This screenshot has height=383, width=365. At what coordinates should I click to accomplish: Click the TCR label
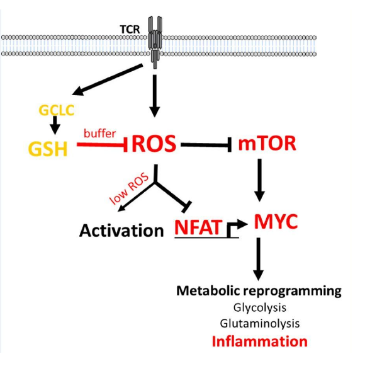point(130,30)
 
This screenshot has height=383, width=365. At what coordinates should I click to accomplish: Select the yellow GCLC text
point(57,110)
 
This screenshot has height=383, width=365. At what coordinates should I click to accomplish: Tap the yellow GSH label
point(48,149)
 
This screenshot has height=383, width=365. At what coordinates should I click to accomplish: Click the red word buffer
point(100,134)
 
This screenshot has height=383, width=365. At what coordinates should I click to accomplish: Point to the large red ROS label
point(154,144)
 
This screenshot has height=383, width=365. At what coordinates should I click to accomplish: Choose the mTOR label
point(267,144)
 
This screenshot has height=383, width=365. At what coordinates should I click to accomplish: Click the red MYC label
point(276,222)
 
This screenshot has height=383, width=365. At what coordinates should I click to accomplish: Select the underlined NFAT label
point(198,227)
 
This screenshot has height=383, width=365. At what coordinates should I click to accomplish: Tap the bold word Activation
point(121,231)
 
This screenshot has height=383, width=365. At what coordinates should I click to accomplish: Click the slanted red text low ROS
point(129,188)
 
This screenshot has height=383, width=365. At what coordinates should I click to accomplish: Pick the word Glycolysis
point(260,308)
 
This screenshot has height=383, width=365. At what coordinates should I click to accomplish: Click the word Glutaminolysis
point(260,324)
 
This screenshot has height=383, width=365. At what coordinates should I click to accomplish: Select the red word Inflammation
point(260,341)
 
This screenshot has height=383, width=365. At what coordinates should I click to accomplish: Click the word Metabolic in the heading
point(208,290)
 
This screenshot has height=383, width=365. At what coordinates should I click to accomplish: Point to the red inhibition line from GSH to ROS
point(102,145)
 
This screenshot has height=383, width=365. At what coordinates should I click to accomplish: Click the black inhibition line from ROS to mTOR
point(206,145)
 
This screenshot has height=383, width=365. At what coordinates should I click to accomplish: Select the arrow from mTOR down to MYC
point(260,180)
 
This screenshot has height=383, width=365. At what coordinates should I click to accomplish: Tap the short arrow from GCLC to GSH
point(55,125)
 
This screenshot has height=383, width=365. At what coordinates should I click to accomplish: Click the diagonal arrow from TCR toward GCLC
point(108,79)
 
